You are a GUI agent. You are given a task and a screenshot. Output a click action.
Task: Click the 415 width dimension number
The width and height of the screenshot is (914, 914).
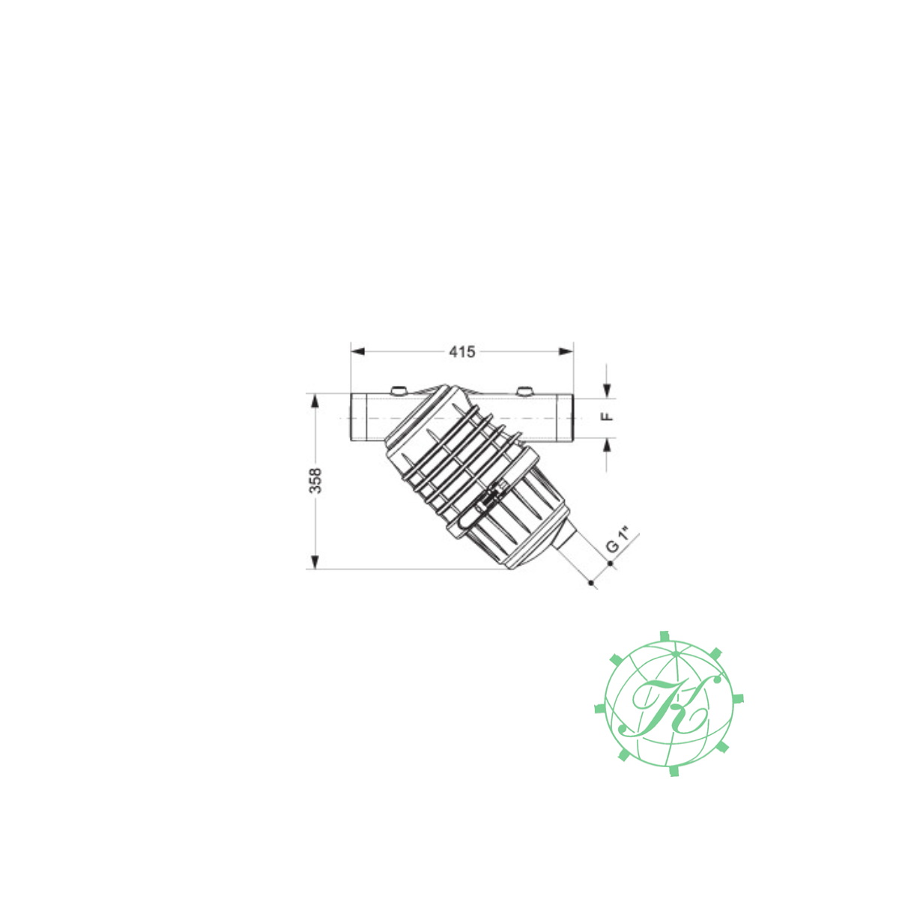coord(461,351)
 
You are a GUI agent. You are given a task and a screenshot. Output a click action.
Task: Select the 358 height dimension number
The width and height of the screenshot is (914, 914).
coord(315,480)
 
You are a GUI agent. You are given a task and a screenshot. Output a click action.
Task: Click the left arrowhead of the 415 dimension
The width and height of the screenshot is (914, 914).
coord(357,351)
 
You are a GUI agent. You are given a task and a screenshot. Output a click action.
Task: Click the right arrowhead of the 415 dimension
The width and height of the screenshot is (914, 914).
coord(566,351)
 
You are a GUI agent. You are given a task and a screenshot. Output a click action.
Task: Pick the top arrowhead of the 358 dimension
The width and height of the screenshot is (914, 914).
coord(314,401)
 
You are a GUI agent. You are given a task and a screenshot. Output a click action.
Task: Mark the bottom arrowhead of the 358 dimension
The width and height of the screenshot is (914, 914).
coord(314,562)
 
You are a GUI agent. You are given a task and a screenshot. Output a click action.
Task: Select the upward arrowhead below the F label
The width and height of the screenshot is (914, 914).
coord(607,445)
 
